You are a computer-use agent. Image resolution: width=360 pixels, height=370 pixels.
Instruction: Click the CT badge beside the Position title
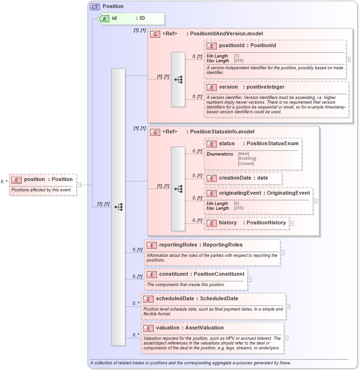pos(95,7)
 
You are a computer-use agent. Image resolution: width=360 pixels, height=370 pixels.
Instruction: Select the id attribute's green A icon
pos(105,18)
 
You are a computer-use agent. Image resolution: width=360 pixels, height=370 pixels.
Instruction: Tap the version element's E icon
pos(212,87)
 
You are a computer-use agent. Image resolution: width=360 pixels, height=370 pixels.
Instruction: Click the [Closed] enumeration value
pos(247,164)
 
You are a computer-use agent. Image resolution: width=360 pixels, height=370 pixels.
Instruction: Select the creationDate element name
pos(237,178)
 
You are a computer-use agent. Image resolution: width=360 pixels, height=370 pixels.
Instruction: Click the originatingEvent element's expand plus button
pos(315,201)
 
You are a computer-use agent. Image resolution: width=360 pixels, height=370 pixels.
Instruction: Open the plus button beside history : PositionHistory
pos(291,223)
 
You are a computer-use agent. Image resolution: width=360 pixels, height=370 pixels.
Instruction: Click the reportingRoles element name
pos(177,245)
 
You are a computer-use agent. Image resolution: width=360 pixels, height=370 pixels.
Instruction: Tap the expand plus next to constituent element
pos(249,280)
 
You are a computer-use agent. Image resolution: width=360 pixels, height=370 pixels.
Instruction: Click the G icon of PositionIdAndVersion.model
pos(155,34)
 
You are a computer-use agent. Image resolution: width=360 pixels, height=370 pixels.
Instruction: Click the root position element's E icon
pos(16,180)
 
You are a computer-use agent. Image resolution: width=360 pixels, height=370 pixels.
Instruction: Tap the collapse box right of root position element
pos(79,185)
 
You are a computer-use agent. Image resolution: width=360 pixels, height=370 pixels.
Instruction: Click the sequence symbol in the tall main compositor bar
pos(118,206)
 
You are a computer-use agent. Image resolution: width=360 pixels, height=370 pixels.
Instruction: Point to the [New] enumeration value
pos(243,154)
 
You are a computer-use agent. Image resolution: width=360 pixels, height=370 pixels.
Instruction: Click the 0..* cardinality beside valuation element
pos(136,335)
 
